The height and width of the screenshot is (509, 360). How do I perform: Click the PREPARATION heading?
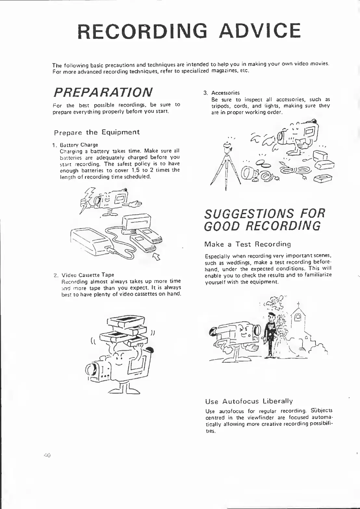(x=103, y=92)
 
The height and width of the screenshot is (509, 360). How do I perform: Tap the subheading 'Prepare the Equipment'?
(x=96, y=132)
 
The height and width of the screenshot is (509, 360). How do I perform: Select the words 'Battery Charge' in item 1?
(x=79, y=145)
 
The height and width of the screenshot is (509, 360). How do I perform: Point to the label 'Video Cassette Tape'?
(x=88, y=275)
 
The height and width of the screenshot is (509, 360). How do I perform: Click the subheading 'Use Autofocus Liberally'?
(x=249, y=401)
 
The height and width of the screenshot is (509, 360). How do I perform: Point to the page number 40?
(x=46, y=455)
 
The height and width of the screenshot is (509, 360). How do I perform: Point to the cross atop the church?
(x=298, y=305)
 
